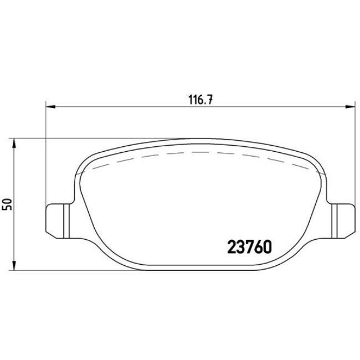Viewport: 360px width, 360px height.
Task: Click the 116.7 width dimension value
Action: [x=200, y=100]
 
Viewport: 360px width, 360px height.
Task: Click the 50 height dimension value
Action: [x=7, y=204]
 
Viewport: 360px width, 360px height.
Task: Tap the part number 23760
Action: [x=249, y=247]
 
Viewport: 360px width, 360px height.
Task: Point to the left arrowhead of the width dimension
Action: [x=51, y=106]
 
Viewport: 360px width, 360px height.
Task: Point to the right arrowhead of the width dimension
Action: [x=350, y=106]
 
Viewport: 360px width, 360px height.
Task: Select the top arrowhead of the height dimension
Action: [x=14, y=143]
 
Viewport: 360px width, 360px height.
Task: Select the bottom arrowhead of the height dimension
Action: [x=14, y=265]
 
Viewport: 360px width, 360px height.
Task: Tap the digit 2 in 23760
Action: [x=232, y=247]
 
